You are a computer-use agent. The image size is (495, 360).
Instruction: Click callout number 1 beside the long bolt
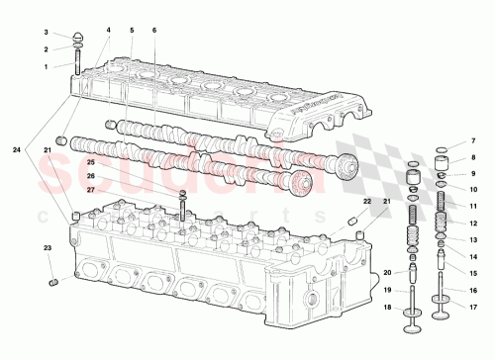pyautogui.click(x=46, y=66)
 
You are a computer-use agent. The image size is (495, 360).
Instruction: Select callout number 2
pyautogui.click(x=46, y=48)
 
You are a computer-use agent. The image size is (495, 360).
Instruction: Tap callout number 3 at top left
pyautogui.click(x=46, y=33)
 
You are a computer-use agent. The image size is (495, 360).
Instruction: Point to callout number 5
pyautogui.click(x=130, y=31)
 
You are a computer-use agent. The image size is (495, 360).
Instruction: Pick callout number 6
pyautogui.click(x=154, y=31)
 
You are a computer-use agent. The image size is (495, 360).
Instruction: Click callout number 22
pyautogui.click(x=365, y=201)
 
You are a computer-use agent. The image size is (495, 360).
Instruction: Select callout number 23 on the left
pyautogui.click(x=46, y=247)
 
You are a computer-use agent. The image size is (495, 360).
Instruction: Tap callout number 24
pyautogui.click(x=17, y=149)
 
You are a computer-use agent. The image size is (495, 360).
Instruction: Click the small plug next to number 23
pyautogui.click(x=54, y=285)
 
